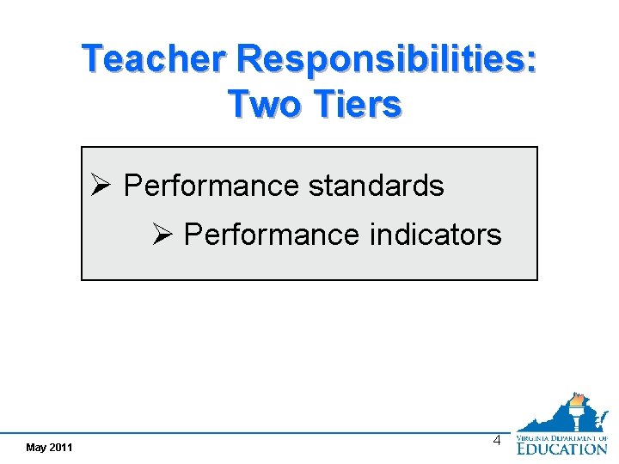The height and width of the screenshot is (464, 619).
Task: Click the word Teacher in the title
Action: click(x=155, y=60)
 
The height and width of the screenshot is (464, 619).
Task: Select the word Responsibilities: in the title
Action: click(x=387, y=60)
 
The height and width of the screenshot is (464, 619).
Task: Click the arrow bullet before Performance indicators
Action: click(x=162, y=234)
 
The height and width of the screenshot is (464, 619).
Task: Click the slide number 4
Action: click(x=496, y=441)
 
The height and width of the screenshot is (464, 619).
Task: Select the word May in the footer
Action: click(x=36, y=448)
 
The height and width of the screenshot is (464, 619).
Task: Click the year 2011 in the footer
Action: click(x=61, y=448)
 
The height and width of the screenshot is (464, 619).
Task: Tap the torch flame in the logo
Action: click(x=577, y=400)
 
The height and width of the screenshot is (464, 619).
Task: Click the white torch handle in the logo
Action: click(x=576, y=422)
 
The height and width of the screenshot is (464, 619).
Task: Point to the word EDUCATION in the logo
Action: click(x=561, y=449)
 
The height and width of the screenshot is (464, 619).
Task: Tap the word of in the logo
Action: click(x=603, y=438)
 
